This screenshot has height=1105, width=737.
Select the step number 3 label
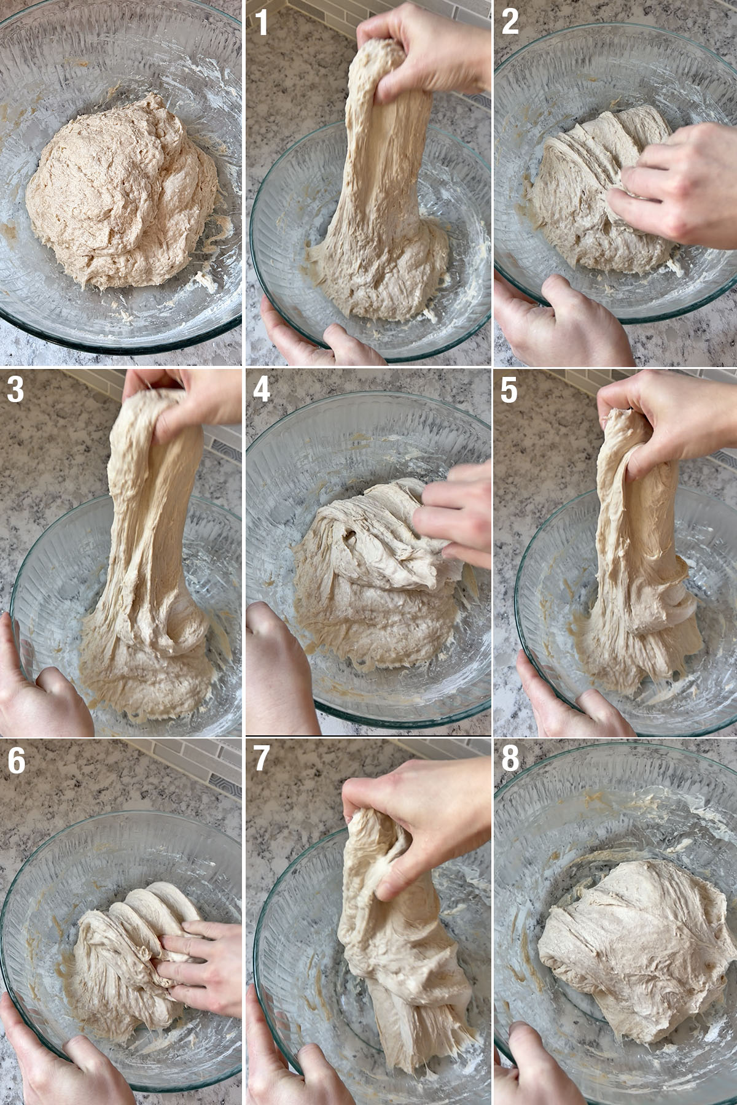click(15, 390)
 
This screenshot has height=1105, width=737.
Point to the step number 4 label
click(262, 390)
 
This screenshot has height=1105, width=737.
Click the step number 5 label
click(509, 390)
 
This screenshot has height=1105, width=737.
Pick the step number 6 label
click(16, 761)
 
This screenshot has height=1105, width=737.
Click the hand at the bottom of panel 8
click(534, 1068)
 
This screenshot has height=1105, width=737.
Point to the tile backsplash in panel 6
click(184, 761)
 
